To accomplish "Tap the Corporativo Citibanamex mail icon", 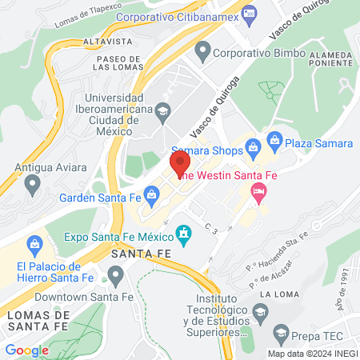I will pos(249,14).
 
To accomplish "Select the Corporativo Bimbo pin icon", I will pos(202,54).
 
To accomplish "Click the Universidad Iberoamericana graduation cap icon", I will pos(163,110).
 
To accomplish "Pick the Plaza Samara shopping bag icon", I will pos(275,142).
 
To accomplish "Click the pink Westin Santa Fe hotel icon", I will pos(258,190).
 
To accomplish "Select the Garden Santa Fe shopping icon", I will pos(150,194).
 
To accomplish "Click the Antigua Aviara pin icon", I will pos(33,185).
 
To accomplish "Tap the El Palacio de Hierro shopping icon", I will pos(34,243).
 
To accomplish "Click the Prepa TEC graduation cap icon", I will pos(281,331).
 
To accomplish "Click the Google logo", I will pos(26,350).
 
